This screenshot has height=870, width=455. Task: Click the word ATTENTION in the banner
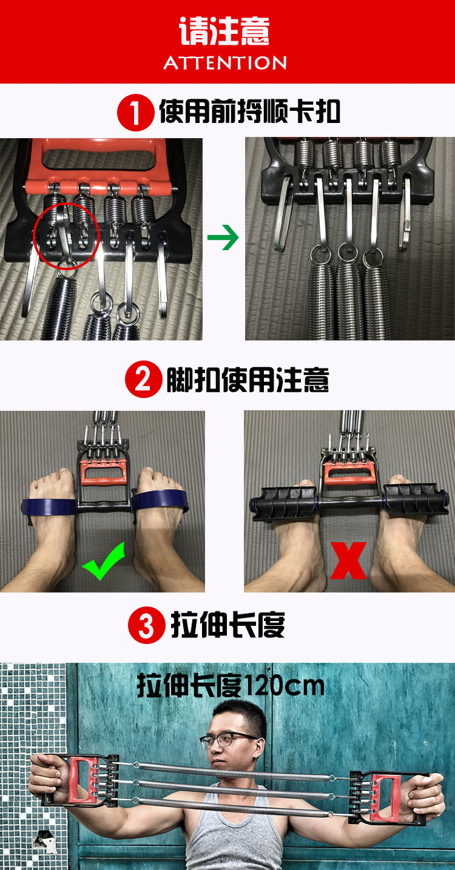(x=225, y=63)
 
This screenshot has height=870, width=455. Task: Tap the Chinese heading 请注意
(x=224, y=31)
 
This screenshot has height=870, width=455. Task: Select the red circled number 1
(x=136, y=113)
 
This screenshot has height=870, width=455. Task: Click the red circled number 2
(x=144, y=379)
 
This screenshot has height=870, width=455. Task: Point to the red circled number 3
(x=147, y=625)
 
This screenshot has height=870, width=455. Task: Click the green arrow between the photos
(x=223, y=237)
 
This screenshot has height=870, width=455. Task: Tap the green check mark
(x=104, y=561)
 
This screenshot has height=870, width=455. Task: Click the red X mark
(x=348, y=560)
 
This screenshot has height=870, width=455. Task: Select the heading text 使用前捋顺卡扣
(x=250, y=111)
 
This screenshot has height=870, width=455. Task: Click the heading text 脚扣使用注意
(x=248, y=379)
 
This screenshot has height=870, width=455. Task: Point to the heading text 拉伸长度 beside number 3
(x=228, y=625)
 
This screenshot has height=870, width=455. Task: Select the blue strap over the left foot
(x=49, y=506)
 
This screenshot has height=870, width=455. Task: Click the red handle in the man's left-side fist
(x=82, y=779)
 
